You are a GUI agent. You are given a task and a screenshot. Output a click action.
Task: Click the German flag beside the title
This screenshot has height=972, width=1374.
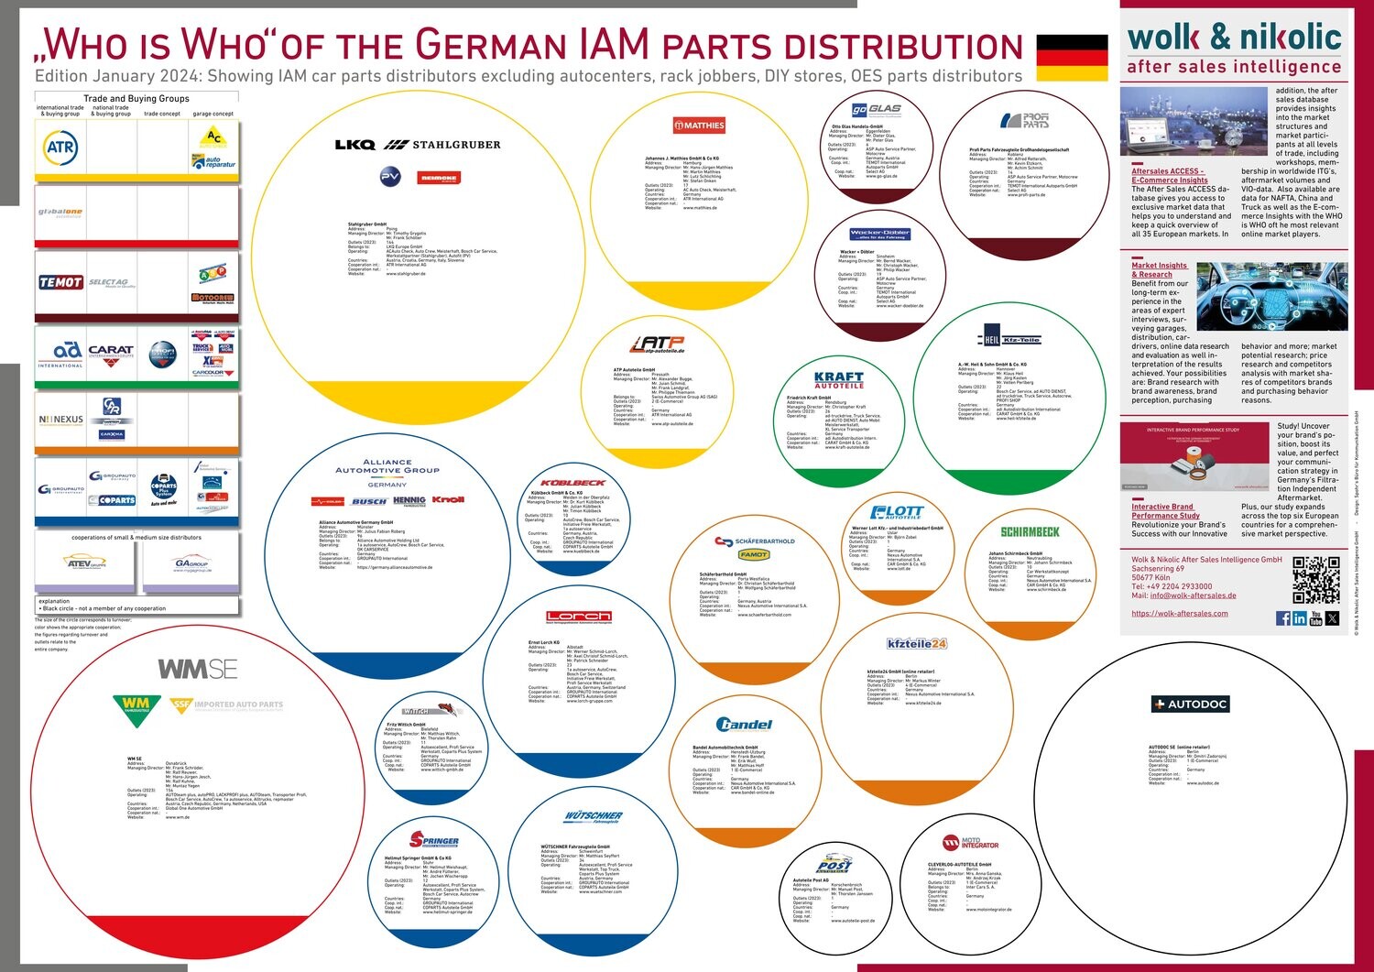point(1072,58)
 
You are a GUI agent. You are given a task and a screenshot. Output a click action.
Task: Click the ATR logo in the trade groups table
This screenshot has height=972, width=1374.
point(60,147)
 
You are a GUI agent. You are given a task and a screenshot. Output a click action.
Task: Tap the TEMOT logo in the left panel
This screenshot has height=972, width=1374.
point(60,282)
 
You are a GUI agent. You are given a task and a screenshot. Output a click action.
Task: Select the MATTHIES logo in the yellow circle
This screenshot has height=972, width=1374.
point(699,126)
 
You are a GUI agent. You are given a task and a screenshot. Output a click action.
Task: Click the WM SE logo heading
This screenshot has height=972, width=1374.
point(198,670)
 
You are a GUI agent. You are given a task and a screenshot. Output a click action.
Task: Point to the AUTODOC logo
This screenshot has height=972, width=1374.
point(1190,704)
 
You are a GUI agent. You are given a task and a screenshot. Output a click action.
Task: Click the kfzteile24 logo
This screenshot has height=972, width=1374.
point(916,644)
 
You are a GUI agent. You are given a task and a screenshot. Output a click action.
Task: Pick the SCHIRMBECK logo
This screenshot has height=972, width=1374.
point(1030,531)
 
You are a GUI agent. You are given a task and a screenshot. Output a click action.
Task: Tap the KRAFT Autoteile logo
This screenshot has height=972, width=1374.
point(839,379)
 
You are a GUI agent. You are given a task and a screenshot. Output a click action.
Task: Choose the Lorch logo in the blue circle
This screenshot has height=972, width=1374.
point(579,617)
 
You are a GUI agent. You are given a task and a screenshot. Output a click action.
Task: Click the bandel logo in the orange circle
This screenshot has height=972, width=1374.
point(744,725)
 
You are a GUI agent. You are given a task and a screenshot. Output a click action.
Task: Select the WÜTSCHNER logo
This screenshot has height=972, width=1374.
point(594,816)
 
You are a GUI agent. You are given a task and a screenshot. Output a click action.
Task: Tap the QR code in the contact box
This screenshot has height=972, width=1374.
point(1315,579)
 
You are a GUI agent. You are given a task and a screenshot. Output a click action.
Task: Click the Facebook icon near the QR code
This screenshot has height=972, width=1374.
point(1282,619)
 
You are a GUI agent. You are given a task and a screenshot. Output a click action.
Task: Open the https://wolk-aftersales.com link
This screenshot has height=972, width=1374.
point(1179,614)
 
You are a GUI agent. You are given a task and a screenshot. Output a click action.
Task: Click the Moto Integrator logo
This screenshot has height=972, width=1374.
point(971,843)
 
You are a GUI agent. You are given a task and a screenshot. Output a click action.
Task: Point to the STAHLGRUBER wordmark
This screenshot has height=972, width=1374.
point(456,145)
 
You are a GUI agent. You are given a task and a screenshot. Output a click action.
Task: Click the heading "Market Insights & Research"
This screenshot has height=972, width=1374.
point(1159,269)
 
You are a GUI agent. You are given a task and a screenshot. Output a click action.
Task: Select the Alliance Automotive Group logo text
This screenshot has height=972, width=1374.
point(387,466)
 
